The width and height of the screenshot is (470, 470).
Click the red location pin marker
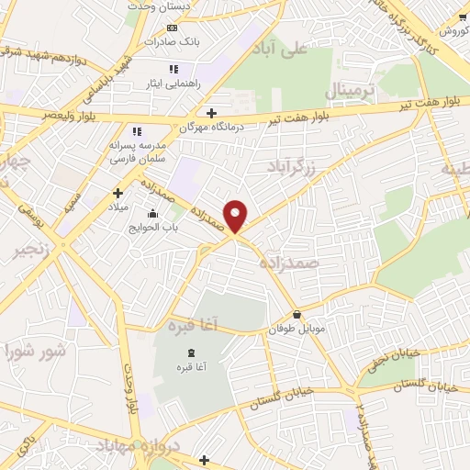[236, 215]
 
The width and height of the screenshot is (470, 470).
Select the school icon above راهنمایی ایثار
[173, 69]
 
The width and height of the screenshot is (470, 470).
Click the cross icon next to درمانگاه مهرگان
[212, 114]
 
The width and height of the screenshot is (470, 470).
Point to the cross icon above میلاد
[117, 193]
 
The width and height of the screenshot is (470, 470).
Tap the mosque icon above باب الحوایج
[152, 213]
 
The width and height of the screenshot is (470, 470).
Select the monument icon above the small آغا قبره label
[191, 354]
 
